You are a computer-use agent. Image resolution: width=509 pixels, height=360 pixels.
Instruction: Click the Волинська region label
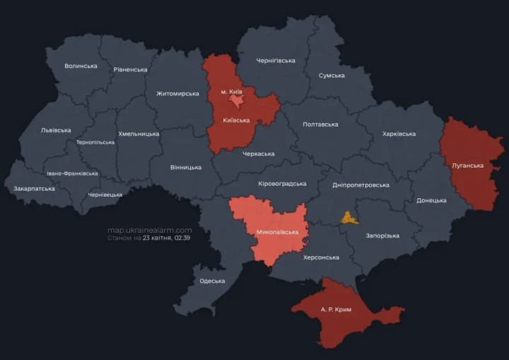(81, 66)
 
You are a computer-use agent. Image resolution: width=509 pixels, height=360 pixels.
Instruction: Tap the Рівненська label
(130, 69)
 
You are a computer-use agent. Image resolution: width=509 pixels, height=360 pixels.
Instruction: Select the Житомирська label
(177, 93)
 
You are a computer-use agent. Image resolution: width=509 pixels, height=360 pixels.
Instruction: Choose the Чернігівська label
(275, 61)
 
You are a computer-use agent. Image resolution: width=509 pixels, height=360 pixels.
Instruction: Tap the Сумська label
(332, 75)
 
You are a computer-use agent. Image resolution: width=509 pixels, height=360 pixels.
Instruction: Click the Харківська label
(399, 134)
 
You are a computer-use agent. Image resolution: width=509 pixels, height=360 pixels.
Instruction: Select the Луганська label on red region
(467, 166)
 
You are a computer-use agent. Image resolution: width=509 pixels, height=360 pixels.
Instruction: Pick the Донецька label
(431, 200)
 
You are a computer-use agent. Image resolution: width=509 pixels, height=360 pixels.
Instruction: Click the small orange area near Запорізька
(349, 217)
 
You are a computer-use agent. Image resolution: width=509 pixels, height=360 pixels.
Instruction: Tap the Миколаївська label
(277, 232)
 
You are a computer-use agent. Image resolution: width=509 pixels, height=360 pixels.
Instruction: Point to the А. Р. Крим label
(336, 310)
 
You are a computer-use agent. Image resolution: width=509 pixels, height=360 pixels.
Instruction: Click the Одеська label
(212, 281)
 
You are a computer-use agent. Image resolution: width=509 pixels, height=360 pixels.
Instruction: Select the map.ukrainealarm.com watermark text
(149, 230)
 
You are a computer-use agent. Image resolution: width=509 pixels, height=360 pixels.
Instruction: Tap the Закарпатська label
(34, 189)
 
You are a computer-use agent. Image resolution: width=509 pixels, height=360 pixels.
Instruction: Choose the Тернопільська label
(95, 142)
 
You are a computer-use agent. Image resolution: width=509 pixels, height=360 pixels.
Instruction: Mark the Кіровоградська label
(282, 184)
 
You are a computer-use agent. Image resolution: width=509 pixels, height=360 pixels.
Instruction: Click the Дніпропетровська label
(361, 185)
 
